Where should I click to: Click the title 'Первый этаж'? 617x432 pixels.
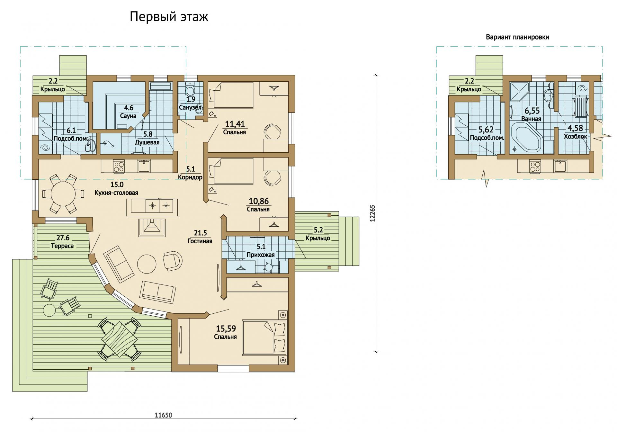tap(169, 17)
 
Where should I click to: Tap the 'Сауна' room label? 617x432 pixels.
tap(128, 116)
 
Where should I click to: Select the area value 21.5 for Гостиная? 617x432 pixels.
tap(200, 233)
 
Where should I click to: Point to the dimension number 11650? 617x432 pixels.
tap(164, 415)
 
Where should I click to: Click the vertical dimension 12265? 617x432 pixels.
tap(372, 213)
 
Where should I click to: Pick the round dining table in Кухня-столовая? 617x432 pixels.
tap(63, 194)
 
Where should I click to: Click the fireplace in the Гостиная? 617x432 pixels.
tap(152, 228)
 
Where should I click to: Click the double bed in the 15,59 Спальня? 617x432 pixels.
tap(264, 337)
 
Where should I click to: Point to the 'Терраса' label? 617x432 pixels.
tap(62, 246)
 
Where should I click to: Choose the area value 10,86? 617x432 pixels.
tap(259, 201)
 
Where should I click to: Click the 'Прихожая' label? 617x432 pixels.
tap(261, 255)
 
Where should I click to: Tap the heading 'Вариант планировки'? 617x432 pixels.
tap(517, 37)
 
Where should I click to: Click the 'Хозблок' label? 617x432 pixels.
tap(576, 136)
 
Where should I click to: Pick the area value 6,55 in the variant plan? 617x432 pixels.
tap(532, 111)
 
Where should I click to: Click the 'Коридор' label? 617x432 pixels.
tap(190, 177)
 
